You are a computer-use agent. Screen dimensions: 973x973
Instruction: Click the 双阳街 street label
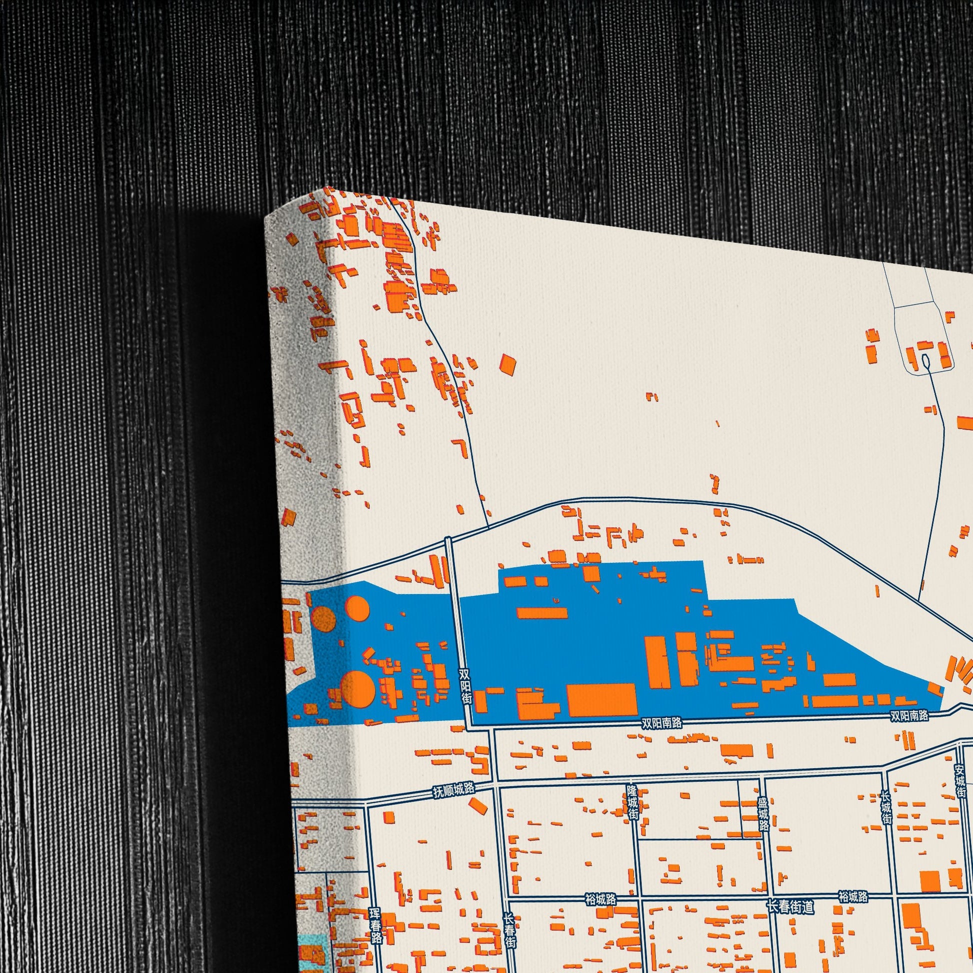point(466,686)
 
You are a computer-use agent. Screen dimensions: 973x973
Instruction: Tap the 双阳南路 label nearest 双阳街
point(662,723)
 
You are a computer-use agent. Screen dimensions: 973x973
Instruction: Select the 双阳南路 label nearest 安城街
point(909,715)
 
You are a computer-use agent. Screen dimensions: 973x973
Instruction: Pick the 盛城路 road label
point(764,813)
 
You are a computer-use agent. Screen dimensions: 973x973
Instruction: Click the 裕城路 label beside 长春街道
point(853,896)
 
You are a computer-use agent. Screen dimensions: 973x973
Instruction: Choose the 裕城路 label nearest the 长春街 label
point(601,899)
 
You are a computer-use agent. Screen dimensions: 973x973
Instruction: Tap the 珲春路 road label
point(375,925)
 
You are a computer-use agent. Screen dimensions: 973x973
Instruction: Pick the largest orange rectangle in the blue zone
point(602,699)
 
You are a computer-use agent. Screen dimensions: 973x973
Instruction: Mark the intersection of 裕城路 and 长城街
point(893,895)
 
